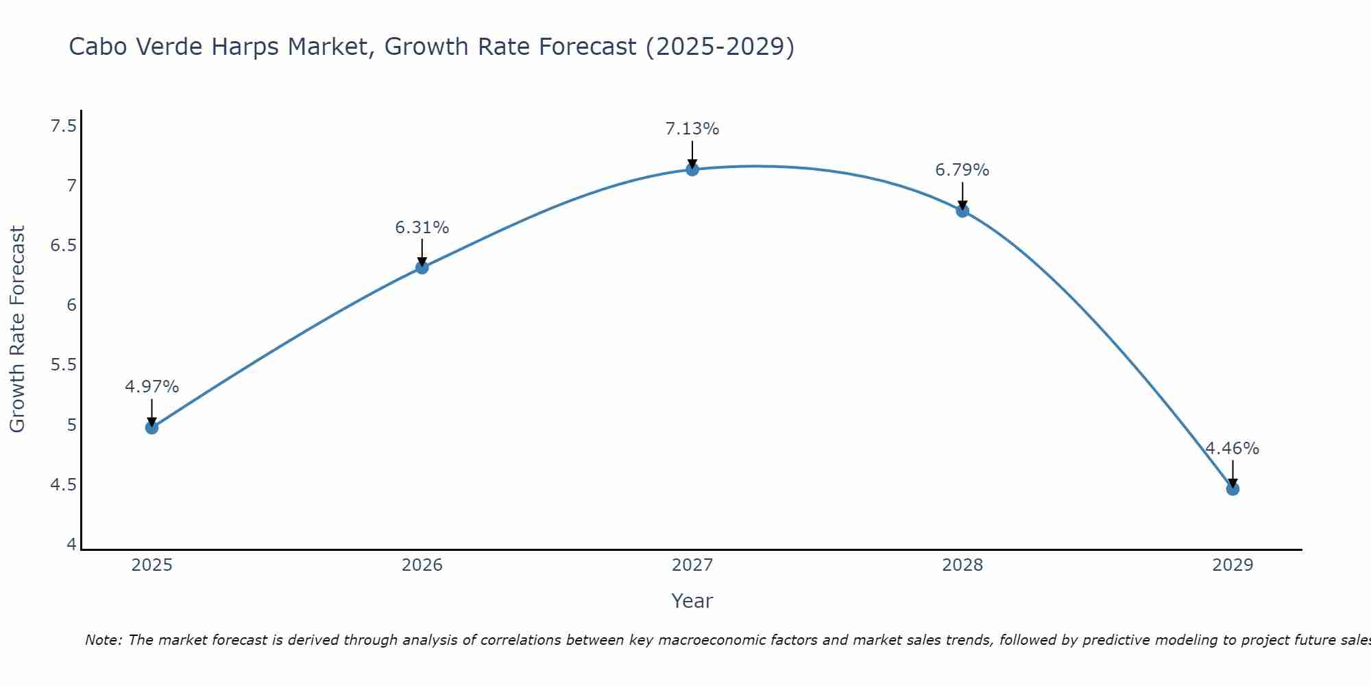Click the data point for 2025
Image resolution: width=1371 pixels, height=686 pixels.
(x=151, y=427)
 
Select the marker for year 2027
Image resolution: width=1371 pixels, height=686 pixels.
(x=692, y=169)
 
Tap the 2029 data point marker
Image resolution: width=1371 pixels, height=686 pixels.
(x=1233, y=489)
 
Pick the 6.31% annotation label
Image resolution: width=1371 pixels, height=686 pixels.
(x=422, y=228)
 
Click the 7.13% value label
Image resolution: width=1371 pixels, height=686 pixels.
(x=692, y=129)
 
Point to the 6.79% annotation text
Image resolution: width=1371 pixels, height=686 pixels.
(x=962, y=170)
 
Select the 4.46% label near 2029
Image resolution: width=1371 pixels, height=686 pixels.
(x=1232, y=449)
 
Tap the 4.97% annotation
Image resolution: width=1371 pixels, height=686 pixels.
(x=151, y=387)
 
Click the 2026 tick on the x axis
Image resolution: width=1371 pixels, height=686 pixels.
(x=422, y=565)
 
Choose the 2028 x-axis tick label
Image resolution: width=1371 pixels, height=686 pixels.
(x=962, y=565)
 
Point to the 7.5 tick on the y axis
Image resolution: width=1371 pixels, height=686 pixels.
(x=64, y=126)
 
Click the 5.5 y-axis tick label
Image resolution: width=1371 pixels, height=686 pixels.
(x=64, y=365)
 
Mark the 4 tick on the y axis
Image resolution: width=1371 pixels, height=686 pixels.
(x=71, y=544)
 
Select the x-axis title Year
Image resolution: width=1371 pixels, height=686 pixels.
(x=692, y=601)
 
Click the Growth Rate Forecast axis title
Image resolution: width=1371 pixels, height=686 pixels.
(x=18, y=329)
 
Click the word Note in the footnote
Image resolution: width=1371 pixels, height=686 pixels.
(x=103, y=640)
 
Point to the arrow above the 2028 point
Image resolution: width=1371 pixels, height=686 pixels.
(x=962, y=195)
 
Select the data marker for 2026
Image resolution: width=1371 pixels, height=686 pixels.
(x=422, y=268)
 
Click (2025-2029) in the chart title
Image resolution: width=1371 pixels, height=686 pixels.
(x=719, y=47)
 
